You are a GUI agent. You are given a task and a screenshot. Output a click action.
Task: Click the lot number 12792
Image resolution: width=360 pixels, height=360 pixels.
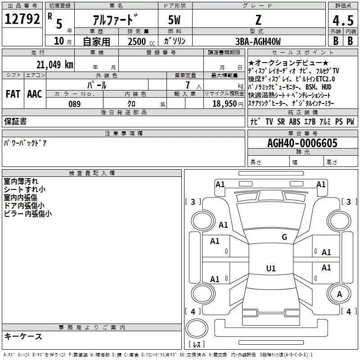pyautogui.click(x=22, y=19)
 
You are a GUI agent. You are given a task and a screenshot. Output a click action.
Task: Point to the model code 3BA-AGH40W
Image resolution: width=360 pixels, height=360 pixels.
pyautogui.click(x=258, y=41)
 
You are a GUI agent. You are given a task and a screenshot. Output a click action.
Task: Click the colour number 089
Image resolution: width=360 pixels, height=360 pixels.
pyautogui.click(x=74, y=104)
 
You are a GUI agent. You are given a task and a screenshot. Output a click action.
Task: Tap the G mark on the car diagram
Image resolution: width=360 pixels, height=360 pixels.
pyautogui.click(x=284, y=237)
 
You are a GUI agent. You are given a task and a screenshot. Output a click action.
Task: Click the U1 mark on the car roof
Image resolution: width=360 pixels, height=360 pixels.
pyautogui.click(x=271, y=268)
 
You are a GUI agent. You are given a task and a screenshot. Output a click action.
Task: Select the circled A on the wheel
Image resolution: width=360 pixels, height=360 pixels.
pyautogui.click(x=339, y=294)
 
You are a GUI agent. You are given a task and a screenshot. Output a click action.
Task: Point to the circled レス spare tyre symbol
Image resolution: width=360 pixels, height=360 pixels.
pyautogui.click(x=196, y=333)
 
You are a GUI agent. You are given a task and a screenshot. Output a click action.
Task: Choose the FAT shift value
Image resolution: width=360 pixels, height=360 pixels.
pyautogui.click(x=13, y=94)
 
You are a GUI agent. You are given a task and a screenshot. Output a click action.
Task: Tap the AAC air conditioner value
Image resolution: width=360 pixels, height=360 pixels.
pyautogui.click(x=34, y=94)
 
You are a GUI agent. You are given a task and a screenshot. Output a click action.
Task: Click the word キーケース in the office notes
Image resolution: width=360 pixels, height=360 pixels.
pyautogui.click(x=23, y=337)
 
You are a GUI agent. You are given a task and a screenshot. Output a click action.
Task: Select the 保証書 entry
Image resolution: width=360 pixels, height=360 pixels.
pyautogui.click(x=15, y=121)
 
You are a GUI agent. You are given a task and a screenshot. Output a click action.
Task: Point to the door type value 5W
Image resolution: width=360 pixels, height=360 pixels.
pyautogui.click(x=175, y=20)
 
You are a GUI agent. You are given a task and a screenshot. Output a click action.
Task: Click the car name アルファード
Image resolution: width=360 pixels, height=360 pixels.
pyautogui.click(x=115, y=20)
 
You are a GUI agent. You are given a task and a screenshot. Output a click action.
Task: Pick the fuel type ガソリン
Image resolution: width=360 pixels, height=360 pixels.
pyautogui.click(x=175, y=41)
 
